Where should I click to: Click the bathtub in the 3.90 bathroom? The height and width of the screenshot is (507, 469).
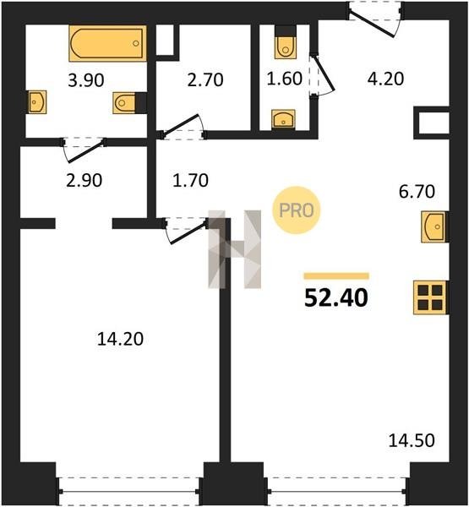click(107, 43)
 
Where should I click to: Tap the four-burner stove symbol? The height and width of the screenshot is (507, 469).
click(430, 297)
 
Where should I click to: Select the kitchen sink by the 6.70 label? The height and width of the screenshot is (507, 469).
click(434, 226)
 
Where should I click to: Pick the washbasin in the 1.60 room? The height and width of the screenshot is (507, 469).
click(283, 118)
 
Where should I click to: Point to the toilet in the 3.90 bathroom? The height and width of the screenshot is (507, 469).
click(124, 103)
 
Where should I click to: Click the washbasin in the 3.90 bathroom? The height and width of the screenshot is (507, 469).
click(37, 102)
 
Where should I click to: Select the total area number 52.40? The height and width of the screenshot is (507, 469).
click(336, 297)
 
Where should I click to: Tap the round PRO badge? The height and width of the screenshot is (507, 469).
click(297, 210)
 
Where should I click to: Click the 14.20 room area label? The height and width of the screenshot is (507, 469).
click(120, 339)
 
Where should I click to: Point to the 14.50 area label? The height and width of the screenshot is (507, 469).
click(412, 440)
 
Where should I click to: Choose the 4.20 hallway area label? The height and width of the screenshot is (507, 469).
click(385, 79)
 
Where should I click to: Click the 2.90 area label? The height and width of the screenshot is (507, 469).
click(85, 181)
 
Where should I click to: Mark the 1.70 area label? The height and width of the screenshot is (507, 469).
click(190, 181)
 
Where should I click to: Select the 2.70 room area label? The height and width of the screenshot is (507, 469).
click(205, 80)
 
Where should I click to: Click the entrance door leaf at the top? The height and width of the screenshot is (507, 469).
click(372, 25)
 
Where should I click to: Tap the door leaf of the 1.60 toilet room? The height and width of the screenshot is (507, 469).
click(324, 73)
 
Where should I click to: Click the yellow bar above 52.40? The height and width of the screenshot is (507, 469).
click(336, 275)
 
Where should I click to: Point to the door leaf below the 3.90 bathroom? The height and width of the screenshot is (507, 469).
click(85, 151)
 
